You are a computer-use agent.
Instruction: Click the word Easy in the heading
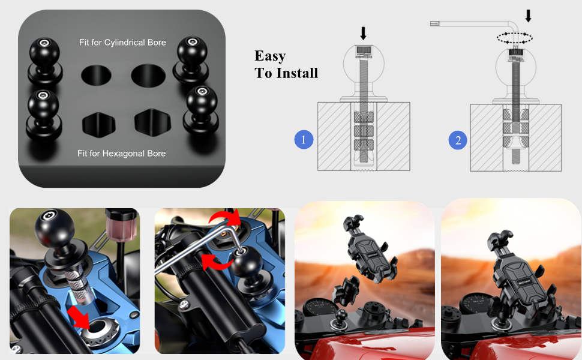pyautogui.click(x=270, y=56)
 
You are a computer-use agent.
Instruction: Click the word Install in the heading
pyautogui.click(x=296, y=73)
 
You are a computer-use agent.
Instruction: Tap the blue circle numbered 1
pyautogui.click(x=304, y=140)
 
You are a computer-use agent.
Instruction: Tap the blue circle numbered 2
pyautogui.click(x=458, y=140)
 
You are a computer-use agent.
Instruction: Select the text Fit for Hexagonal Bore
pyautogui.click(x=122, y=154)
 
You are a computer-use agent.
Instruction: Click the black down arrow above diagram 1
pyautogui.click(x=363, y=33)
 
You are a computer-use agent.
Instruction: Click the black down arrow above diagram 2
pyautogui.click(x=528, y=15)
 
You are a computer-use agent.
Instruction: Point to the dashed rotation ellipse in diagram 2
pyautogui.click(x=515, y=37)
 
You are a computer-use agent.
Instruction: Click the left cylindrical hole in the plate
pyautogui.click(x=96, y=76)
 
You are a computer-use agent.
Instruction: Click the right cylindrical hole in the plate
pyautogui.click(x=148, y=76)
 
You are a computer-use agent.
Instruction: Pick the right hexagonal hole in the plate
pyautogui.click(x=149, y=122)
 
